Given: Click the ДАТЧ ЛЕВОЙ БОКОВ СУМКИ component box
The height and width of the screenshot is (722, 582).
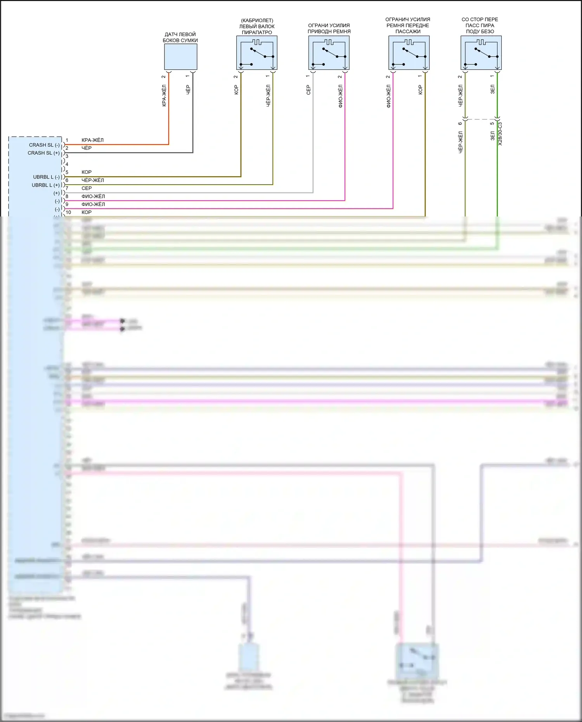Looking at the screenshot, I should [x=180, y=57].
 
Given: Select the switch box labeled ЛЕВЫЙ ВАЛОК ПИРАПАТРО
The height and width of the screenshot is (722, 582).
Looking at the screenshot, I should [x=257, y=53].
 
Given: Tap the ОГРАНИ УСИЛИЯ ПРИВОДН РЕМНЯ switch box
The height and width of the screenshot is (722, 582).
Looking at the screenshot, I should [x=329, y=53].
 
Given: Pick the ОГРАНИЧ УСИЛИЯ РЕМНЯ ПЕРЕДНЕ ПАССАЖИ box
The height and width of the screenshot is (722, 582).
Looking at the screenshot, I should [x=409, y=53].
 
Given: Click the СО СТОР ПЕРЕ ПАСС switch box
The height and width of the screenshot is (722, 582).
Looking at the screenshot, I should [x=481, y=53].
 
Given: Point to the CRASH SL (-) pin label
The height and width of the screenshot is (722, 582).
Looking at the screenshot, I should [x=44, y=145].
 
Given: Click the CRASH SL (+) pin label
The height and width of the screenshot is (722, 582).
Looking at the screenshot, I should [x=43, y=153].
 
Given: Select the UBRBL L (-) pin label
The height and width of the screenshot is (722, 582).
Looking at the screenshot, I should [x=46, y=177].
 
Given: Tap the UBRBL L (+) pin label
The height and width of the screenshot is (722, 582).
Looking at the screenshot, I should [x=45, y=185].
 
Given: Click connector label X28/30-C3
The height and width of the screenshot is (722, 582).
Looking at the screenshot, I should [x=500, y=134].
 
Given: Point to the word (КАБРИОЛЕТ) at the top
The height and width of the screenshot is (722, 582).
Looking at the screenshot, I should [x=257, y=21].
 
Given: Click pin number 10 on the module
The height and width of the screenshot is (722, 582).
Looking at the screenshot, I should [x=68, y=213].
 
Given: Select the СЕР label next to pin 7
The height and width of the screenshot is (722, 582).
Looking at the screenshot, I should [x=87, y=189].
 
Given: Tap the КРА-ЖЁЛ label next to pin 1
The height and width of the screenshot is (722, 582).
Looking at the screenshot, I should [x=92, y=140].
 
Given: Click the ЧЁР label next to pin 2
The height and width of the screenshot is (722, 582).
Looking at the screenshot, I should [x=87, y=148].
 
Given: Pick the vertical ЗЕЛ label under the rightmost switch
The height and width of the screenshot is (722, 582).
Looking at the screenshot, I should [x=492, y=89].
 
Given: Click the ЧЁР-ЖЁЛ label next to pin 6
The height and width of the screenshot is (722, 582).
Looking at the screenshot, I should [x=92, y=180].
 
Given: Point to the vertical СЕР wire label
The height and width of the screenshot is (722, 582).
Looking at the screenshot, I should [x=308, y=90].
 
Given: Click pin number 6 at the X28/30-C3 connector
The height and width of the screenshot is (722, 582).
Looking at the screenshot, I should [x=460, y=124].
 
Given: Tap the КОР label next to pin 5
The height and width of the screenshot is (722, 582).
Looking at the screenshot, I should [x=87, y=172].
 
